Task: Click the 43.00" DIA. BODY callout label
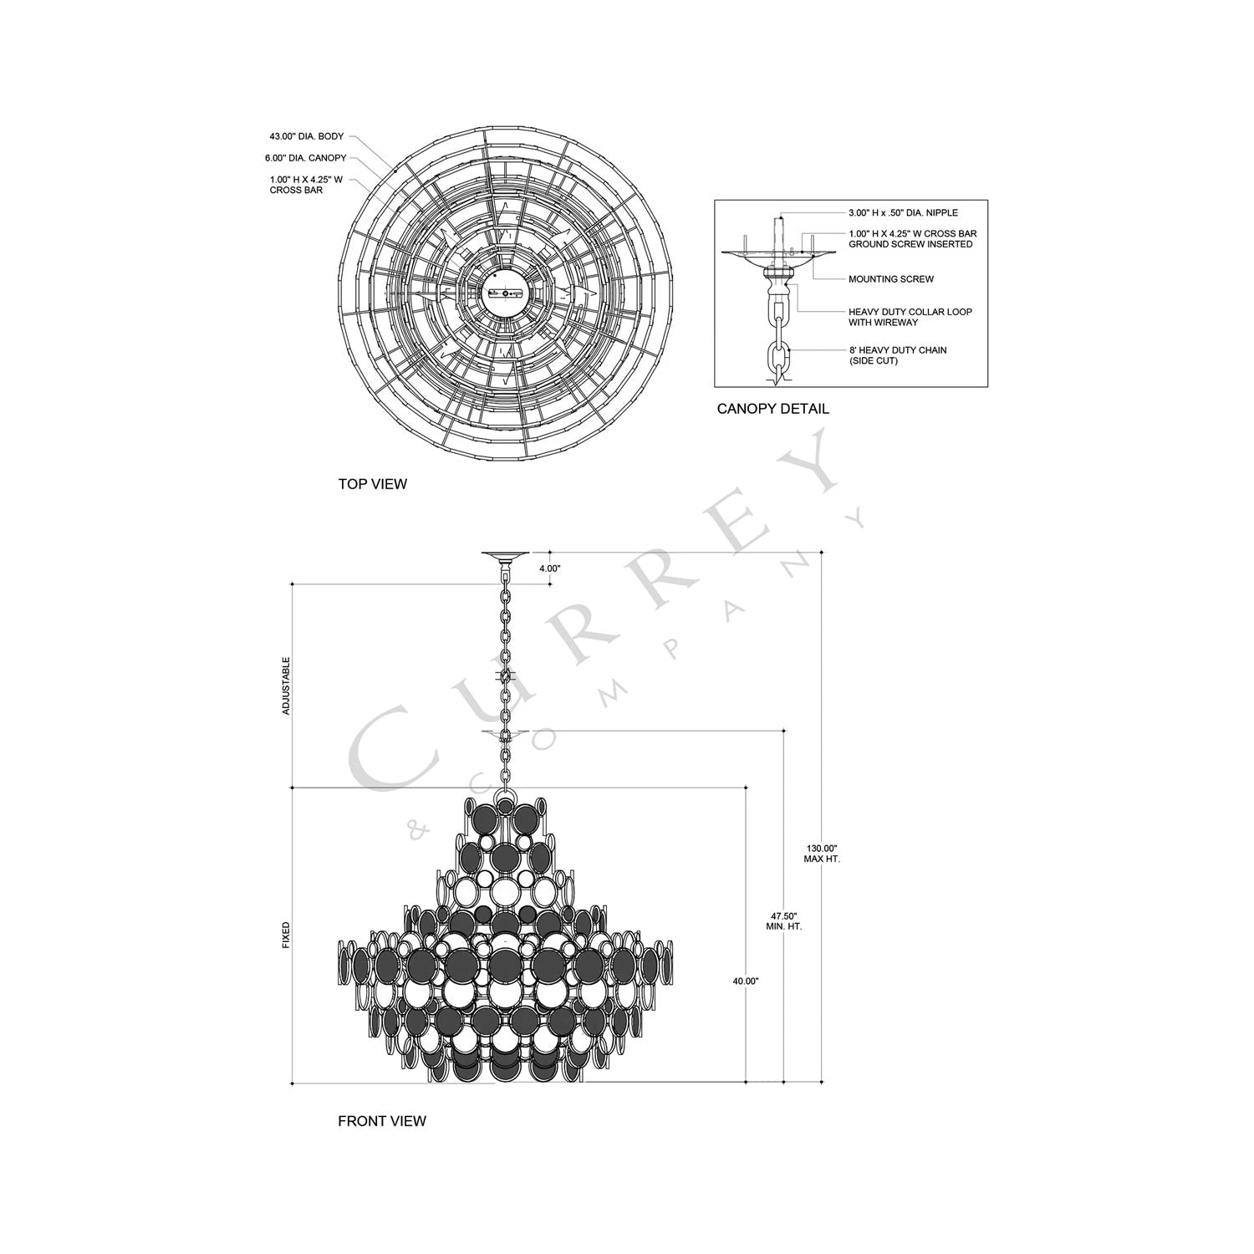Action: point(306,136)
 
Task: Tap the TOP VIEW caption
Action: point(372,484)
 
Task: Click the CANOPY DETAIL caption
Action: point(773,409)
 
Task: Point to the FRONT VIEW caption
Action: point(382,1121)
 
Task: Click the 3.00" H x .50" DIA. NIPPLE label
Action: point(903,213)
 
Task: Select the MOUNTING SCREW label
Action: point(891,279)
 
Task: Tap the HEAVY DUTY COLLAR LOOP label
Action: point(910,312)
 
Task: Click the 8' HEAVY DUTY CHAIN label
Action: point(898,350)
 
